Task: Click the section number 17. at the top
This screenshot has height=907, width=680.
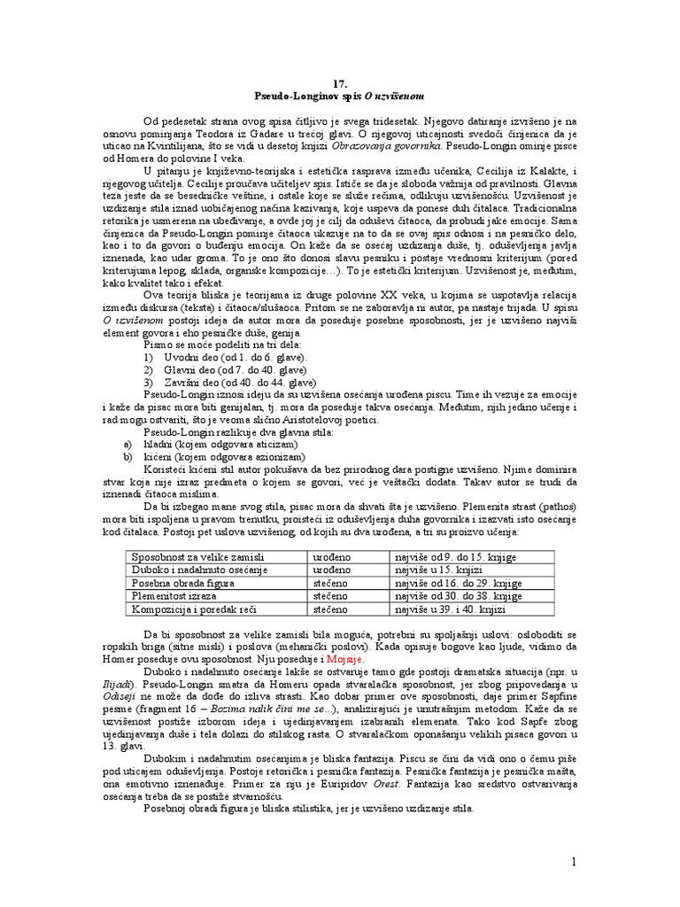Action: (341, 79)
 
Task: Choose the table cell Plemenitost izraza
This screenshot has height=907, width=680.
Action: (174, 597)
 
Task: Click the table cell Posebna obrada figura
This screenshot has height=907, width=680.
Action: (182, 584)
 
